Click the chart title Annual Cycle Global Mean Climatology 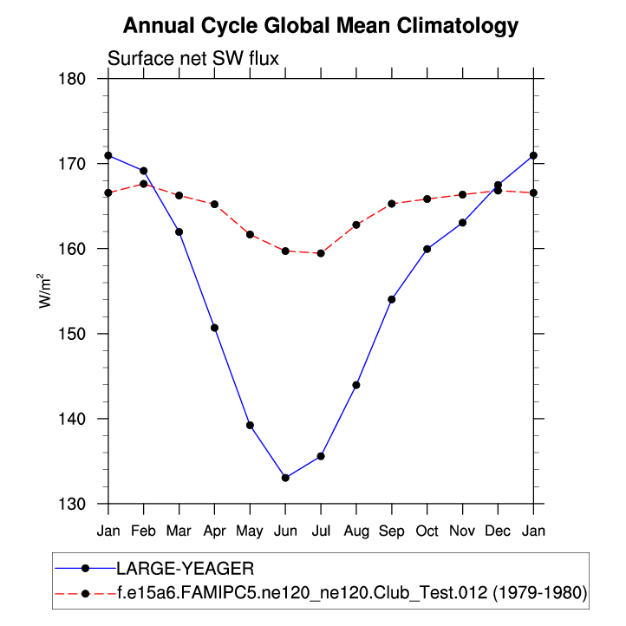(x=321, y=26)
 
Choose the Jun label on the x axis (x=285, y=530)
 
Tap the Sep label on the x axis (x=392, y=530)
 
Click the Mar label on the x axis (x=179, y=530)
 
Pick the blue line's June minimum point (x=285, y=478)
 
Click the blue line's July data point (x=321, y=456)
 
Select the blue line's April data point (x=214, y=328)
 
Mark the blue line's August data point (x=356, y=385)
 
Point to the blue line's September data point (x=392, y=299)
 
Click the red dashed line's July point (x=321, y=253)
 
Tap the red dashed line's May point (x=250, y=234)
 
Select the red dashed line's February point (x=143, y=184)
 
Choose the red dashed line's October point (x=427, y=199)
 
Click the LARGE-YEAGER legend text (x=185, y=569)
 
